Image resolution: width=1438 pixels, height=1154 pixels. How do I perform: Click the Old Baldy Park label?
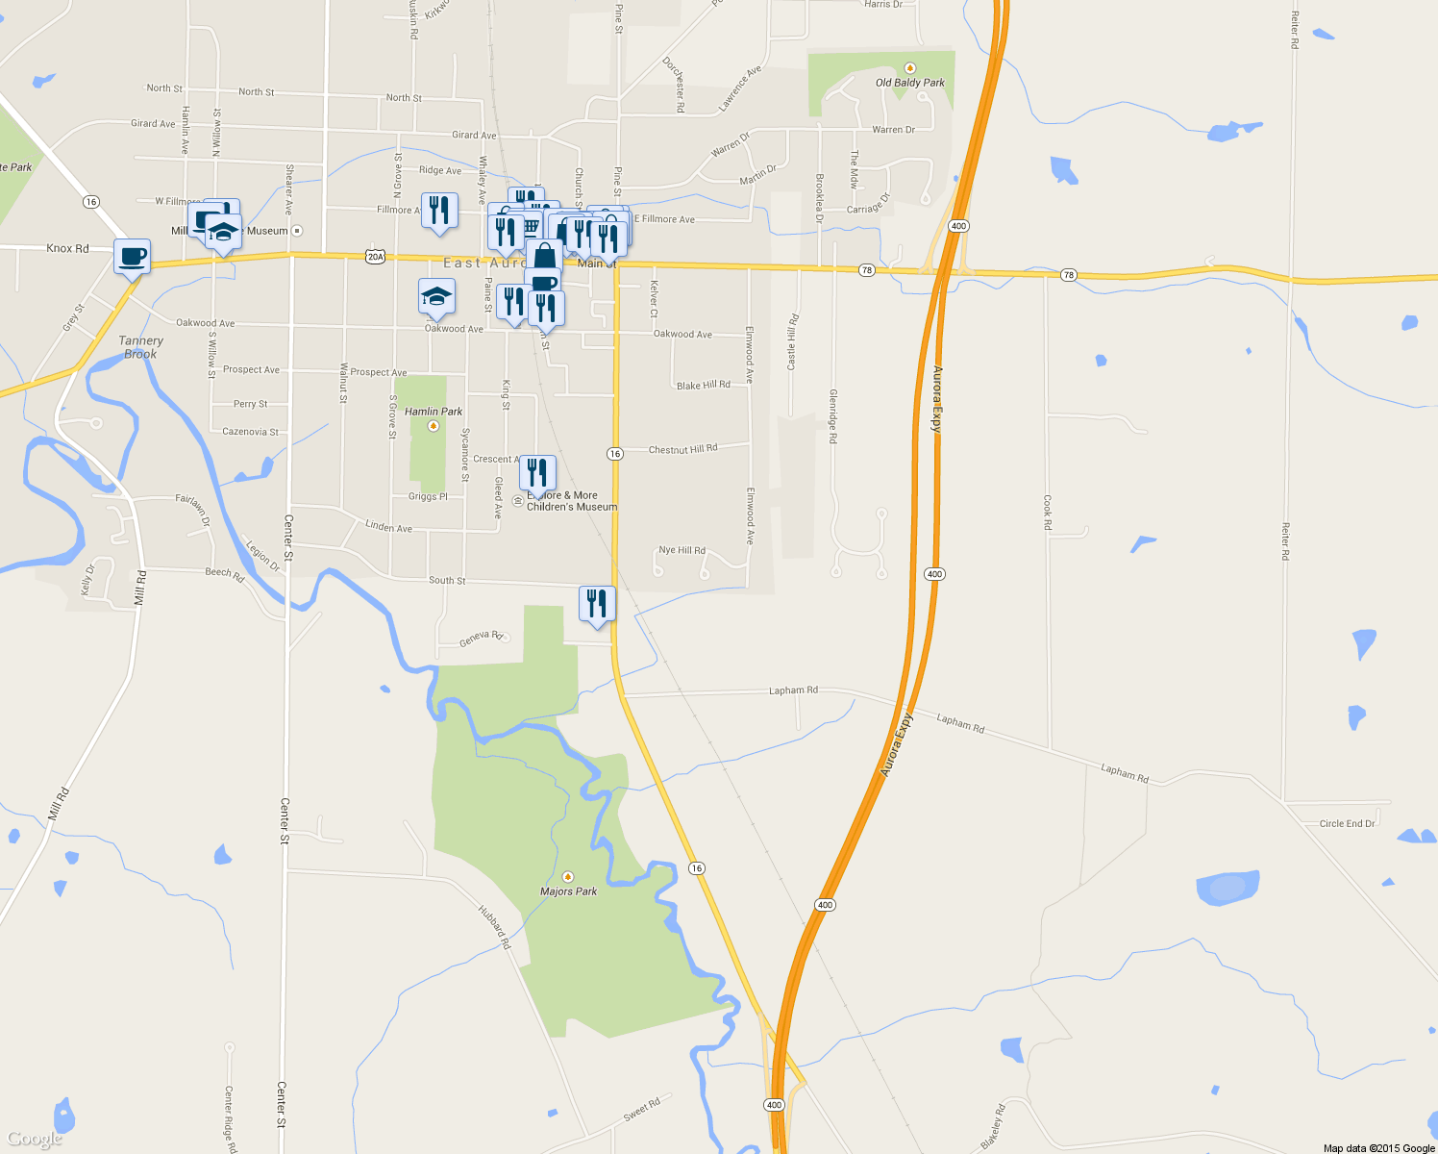pos(909,83)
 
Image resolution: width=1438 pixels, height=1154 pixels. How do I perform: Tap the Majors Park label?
pos(568,891)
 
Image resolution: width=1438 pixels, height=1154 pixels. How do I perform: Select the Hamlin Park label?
pos(434,412)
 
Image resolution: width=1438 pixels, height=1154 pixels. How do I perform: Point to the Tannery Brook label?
pos(140,347)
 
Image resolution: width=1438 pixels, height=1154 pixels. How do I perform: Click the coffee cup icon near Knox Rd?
pos(133,257)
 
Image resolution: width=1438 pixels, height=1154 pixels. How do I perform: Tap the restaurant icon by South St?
pos(597,604)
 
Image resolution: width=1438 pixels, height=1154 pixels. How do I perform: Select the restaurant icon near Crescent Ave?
pos(537,472)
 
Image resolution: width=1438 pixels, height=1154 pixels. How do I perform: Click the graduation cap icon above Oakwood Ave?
pos(436,296)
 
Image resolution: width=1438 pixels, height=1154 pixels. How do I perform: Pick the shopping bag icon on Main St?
pos(544,256)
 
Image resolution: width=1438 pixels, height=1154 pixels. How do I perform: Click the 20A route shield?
pos(375,257)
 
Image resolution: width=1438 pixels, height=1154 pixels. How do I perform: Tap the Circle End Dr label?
pos(1347,824)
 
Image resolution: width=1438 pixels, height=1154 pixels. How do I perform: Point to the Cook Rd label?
pos(1048,513)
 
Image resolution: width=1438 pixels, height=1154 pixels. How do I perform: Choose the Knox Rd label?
pos(67,248)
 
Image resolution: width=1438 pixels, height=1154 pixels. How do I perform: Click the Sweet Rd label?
pos(642,1109)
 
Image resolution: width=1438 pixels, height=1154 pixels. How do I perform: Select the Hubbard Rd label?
pos(495,926)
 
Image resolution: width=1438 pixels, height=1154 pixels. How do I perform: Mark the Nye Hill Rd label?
pos(682,551)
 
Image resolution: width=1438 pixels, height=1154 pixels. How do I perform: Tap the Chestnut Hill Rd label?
pos(682,449)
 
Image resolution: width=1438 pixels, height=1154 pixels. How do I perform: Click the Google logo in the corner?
pos(34,1140)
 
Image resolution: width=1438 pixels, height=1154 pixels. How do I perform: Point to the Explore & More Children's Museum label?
pos(571,501)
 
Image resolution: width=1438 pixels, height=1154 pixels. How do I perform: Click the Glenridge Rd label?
pos(833,416)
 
